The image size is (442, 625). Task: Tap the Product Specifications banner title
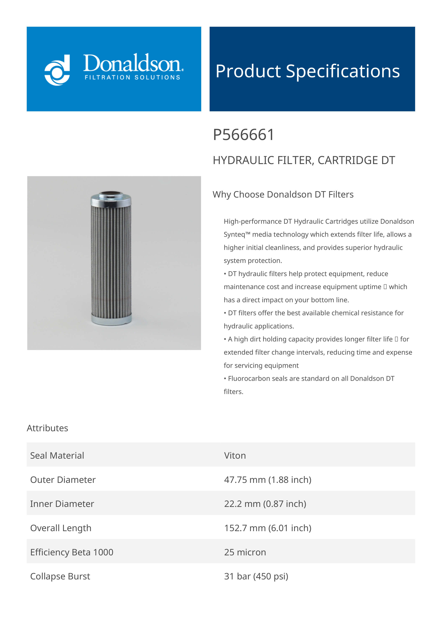(x=307, y=71)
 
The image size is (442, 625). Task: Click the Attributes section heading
(x=47, y=428)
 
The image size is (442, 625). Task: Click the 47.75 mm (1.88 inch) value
(x=268, y=480)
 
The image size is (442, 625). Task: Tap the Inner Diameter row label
(x=62, y=504)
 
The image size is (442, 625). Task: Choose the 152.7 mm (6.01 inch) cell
(x=268, y=528)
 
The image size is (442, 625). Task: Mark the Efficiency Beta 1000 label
(x=72, y=552)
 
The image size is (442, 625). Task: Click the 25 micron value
(x=245, y=552)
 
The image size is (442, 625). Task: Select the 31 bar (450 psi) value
(x=256, y=576)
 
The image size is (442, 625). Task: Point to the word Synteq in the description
(x=234, y=235)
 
